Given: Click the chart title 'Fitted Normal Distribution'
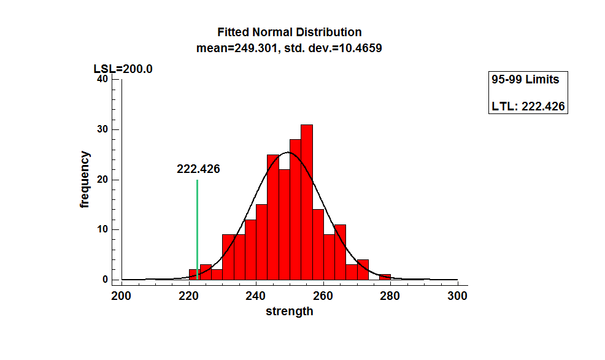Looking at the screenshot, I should [290, 32].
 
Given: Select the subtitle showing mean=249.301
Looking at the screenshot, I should [290, 47].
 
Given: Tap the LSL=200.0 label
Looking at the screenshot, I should [123, 69].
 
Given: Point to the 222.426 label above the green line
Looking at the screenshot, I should [198, 169].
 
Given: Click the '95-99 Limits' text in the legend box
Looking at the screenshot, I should [525, 80].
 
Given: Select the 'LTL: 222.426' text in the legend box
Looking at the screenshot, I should [528, 107].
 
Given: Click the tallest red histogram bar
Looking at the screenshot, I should [307, 202].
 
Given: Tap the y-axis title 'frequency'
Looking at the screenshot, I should [85, 180].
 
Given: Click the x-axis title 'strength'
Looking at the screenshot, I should [289, 311].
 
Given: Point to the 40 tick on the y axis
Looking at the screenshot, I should [102, 79].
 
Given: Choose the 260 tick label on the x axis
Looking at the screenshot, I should [323, 295].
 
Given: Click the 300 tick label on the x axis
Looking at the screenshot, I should [458, 295].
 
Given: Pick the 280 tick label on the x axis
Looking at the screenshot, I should [390, 295].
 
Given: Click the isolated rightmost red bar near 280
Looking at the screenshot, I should [385, 277].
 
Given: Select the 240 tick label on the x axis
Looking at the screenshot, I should [256, 295].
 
